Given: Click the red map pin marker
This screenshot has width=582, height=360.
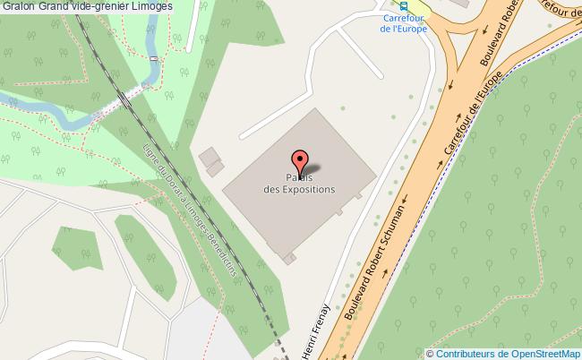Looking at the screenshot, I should (x=300, y=162).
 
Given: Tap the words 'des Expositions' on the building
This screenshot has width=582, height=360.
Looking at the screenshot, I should (x=299, y=190).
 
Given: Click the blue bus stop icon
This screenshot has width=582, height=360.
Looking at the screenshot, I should (x=404, y=4).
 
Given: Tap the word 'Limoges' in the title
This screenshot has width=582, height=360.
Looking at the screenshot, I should (x=151, y=6).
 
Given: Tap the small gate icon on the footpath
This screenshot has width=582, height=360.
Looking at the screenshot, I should (x=153, y=59).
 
